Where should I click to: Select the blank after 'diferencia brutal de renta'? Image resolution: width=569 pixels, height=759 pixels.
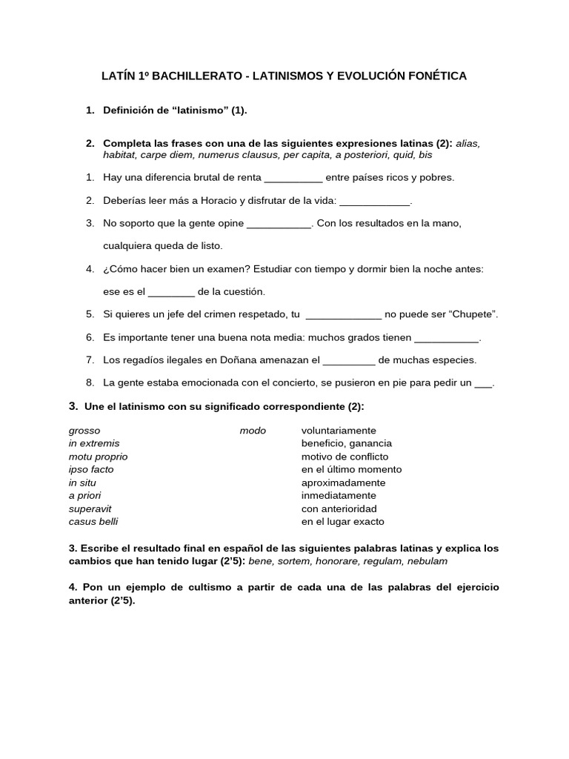(x=293, y=178)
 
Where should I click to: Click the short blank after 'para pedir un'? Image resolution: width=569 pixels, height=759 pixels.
(x=482, y=383)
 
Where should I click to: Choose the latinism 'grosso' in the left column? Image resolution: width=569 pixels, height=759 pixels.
(x=84, y=431)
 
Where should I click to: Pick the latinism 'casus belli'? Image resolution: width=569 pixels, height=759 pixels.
(x=93, y=521)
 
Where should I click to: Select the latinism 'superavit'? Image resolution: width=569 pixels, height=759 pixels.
(x=90, y=508)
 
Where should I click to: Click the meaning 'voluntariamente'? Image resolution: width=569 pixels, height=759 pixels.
(x=339, y=431)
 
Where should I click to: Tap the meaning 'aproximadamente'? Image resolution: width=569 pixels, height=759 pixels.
(x=343, y=483)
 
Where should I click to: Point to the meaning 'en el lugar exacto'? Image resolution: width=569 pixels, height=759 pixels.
(x=342, y=521)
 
